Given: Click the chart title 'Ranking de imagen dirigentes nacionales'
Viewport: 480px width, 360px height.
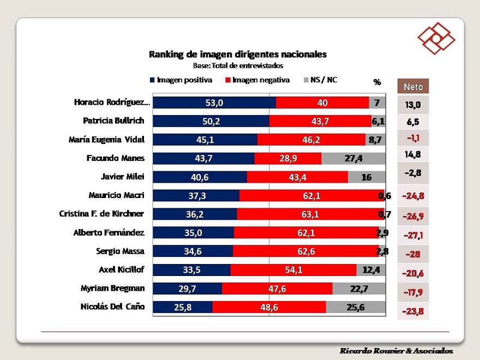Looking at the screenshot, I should (238, 55).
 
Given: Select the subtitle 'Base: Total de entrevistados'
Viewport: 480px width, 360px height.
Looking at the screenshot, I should (238, 65).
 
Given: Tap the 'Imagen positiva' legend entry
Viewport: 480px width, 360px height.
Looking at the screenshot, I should (181, 80).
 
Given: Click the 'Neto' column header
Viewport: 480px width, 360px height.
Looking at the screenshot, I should (413, 86).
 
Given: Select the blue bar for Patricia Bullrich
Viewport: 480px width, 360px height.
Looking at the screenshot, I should (211, 121).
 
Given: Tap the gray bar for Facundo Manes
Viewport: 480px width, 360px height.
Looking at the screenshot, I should (353, 158).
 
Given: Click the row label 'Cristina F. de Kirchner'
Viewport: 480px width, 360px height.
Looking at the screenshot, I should (102, 214).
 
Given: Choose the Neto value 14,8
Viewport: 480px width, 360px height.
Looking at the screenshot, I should (413, 155).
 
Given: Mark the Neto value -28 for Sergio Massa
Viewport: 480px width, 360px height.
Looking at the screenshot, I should (413, 255).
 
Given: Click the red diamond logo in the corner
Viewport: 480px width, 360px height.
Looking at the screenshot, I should (436, 39).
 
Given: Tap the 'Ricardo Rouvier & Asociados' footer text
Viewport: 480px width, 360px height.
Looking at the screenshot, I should (396, 350).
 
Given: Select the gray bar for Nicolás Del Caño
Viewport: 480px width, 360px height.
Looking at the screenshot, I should (356, 307).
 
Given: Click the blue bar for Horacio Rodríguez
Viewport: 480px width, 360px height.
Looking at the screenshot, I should (214, 103).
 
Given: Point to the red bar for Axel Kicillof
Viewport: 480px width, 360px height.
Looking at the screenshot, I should (293, 269).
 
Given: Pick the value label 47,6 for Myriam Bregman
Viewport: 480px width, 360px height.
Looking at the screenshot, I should (277, 288).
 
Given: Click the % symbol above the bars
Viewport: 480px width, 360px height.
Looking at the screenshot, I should (377, 82).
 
